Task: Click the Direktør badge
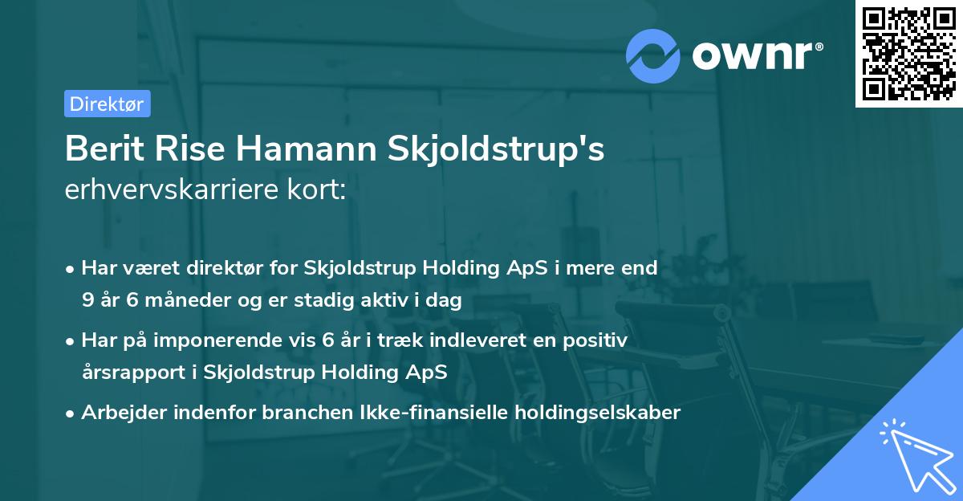(107, 104)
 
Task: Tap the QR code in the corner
(908, 53)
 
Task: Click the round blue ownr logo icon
(653, 55)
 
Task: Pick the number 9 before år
(87, 300)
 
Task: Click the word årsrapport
(126, 373)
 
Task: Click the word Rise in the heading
(187, 150)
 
